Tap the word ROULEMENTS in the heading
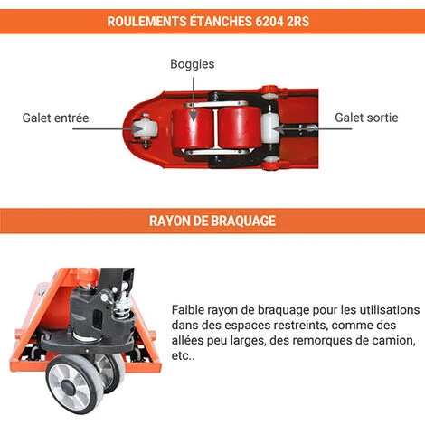click(146, 22)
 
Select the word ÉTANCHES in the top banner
click(221, 21)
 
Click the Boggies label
click(193, 64)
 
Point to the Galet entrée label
click(55, 118)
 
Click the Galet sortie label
click(366, 118)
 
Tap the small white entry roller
click(146, 129)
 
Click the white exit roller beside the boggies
click(270, 129)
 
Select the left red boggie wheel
click(193, 128)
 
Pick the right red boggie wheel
click(240, 128)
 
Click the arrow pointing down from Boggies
click(194, 99)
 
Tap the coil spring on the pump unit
click(123, 307)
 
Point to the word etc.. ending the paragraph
click(183, 356)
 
